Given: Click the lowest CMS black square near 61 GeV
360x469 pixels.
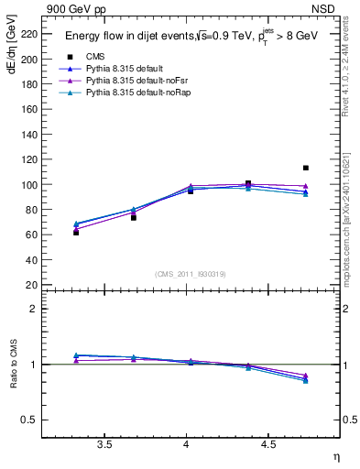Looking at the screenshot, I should tap(76, 233).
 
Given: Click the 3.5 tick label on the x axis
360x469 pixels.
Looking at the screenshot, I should tap(104, 444).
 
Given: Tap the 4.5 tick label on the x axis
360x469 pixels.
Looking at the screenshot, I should tap(267, 444).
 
